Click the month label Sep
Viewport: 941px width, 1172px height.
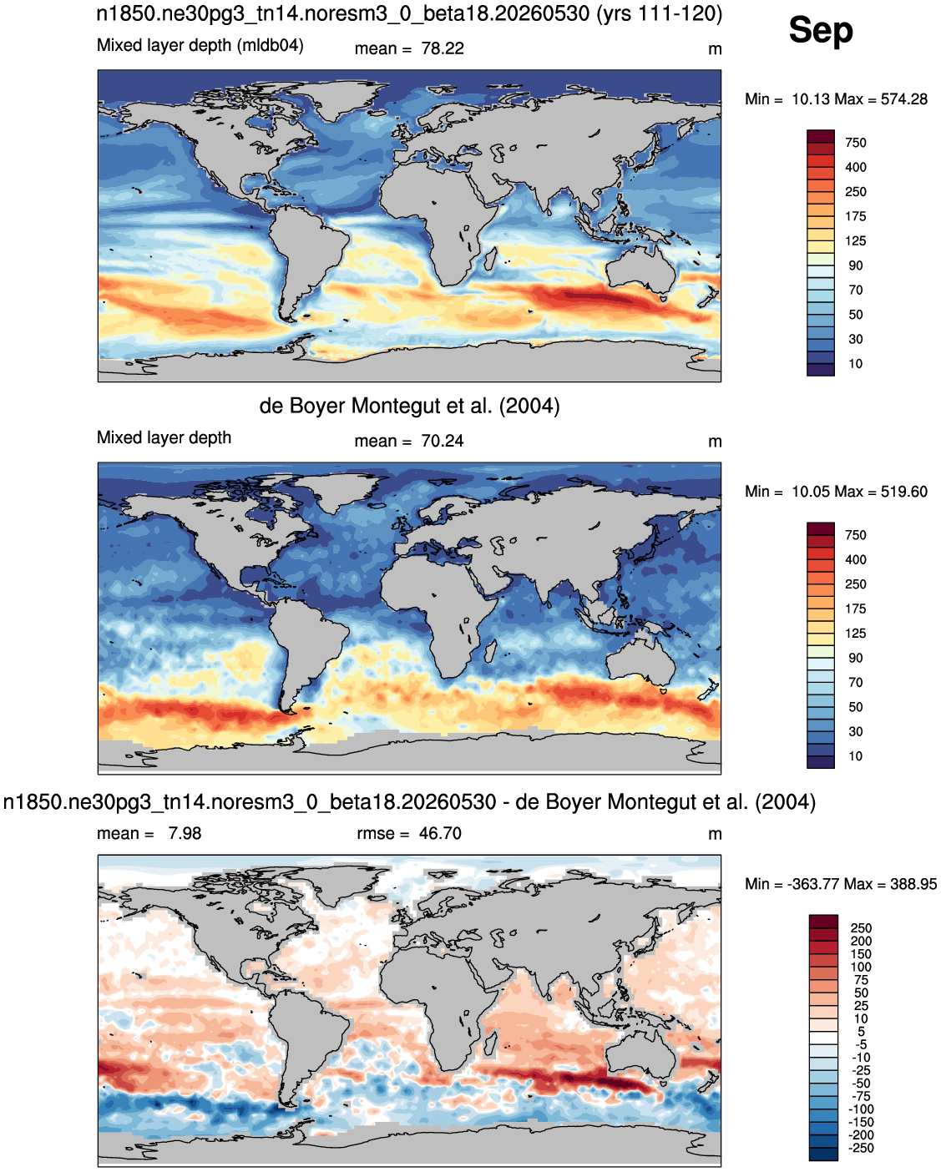(820, 32)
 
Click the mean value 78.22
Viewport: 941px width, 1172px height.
(442, 48)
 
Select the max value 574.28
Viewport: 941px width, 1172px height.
(903, 99)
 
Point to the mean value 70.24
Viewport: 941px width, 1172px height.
(442, 441)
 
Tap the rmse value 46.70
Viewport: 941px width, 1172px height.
(440, 833)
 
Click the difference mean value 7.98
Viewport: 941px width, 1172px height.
(185, 833)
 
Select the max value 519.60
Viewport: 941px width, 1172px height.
(903, 491)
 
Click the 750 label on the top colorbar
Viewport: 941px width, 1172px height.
(856, 143)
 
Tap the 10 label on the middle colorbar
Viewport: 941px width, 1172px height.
(856, 756)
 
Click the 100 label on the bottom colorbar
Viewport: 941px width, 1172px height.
(861, 967)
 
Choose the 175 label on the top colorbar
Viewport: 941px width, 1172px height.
(856, 216)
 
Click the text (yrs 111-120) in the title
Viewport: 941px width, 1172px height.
(660, 13)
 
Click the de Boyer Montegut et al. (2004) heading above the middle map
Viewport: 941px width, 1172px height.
(410, 406)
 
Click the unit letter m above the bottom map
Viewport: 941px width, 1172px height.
(715, 835)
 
